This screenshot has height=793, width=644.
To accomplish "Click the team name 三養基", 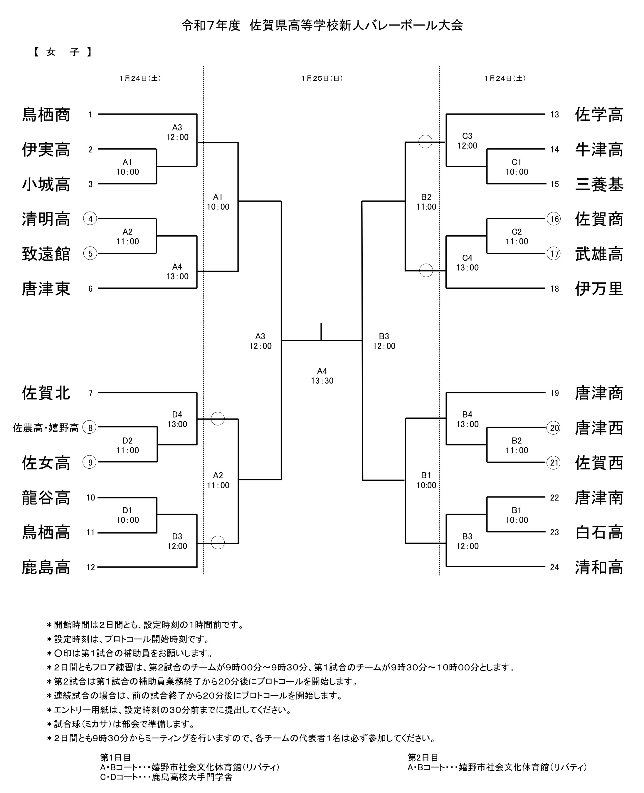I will (599, 184).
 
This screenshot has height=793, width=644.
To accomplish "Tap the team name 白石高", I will (599, 532).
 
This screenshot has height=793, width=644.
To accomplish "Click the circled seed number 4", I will (90, 219).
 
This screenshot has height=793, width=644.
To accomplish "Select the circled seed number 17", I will (554, 254).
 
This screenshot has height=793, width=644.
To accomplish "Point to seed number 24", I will (554, 567).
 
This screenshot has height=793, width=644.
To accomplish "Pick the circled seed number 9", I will (90, 462).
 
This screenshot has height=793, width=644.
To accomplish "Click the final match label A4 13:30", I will (322, 375).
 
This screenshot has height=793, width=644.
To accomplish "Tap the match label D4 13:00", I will (177, 419).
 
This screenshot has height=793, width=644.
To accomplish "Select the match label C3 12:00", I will (467, 141).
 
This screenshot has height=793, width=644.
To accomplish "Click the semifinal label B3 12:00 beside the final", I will (384, 341).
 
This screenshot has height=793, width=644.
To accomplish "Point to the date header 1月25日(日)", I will (322, 78).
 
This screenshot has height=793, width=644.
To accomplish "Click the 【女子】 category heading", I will (62, 52).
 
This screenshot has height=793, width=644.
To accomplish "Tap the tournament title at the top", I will (322, 25).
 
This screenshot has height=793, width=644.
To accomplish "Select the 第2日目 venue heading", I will (423, 757).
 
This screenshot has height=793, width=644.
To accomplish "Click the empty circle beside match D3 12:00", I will (218, 542).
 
